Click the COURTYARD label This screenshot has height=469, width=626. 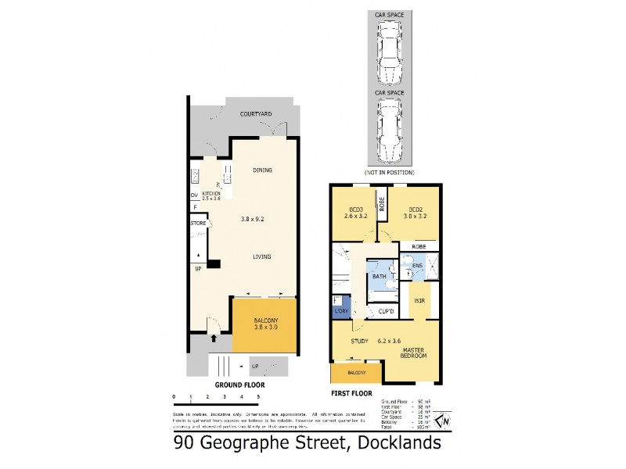click(x=256, y=115)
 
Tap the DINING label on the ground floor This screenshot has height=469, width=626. click(x=262, y=170)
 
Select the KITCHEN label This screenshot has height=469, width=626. click(x=211, y=193)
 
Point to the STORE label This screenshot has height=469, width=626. click(x=198, y=224)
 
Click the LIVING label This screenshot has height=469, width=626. click(x=262, y=256)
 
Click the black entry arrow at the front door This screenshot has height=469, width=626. click(x=214, y=338)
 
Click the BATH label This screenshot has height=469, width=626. click(x=379, y=277)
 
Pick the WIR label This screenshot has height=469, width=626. click(x=418, y=299)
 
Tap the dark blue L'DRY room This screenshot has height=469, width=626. click(x=340, y=306)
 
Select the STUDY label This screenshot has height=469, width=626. click(x=360, y=341)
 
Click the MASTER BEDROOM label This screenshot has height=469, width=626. click(x=413, y=353)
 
